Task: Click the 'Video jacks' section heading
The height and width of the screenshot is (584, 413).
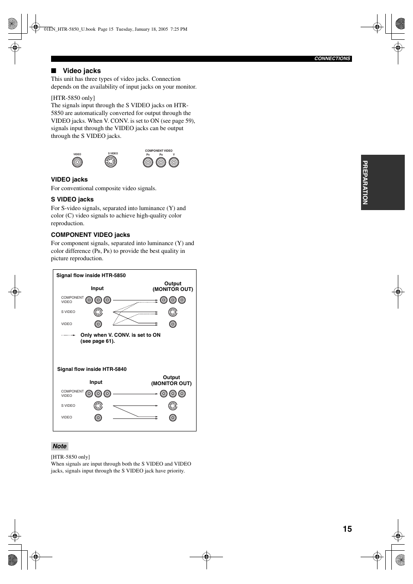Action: point(81,71)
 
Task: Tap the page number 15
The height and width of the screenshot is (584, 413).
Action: point(347,529)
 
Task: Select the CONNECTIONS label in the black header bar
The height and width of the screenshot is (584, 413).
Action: point(332,59)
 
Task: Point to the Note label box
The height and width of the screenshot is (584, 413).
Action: point(60,447)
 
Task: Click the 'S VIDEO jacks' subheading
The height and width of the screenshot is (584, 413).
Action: point(72,199)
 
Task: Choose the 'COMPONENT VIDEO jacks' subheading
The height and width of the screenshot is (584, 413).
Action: point(90,235)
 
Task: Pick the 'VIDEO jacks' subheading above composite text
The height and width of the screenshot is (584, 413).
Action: point(69,179)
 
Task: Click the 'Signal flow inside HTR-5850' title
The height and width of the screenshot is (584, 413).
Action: point(91,275)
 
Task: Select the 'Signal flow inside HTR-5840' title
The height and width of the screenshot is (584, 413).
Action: point(92,369)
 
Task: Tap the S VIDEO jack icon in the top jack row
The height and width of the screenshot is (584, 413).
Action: point(111,162)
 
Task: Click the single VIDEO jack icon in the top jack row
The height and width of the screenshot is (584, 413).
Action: point(77,162)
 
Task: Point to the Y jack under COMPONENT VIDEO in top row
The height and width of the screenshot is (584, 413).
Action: point(174,162)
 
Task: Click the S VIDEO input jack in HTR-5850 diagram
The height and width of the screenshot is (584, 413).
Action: point(98,312)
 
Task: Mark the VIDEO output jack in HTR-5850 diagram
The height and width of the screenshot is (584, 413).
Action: point(173,324)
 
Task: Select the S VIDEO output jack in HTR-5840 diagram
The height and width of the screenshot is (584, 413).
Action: point(173,406)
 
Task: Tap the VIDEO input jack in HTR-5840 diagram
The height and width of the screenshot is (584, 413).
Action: point(98,418)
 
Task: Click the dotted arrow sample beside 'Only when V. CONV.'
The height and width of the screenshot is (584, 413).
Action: point(69,335)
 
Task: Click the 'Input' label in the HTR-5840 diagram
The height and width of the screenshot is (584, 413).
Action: point(96,382)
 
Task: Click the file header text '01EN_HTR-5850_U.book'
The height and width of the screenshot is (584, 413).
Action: point(70,29)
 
